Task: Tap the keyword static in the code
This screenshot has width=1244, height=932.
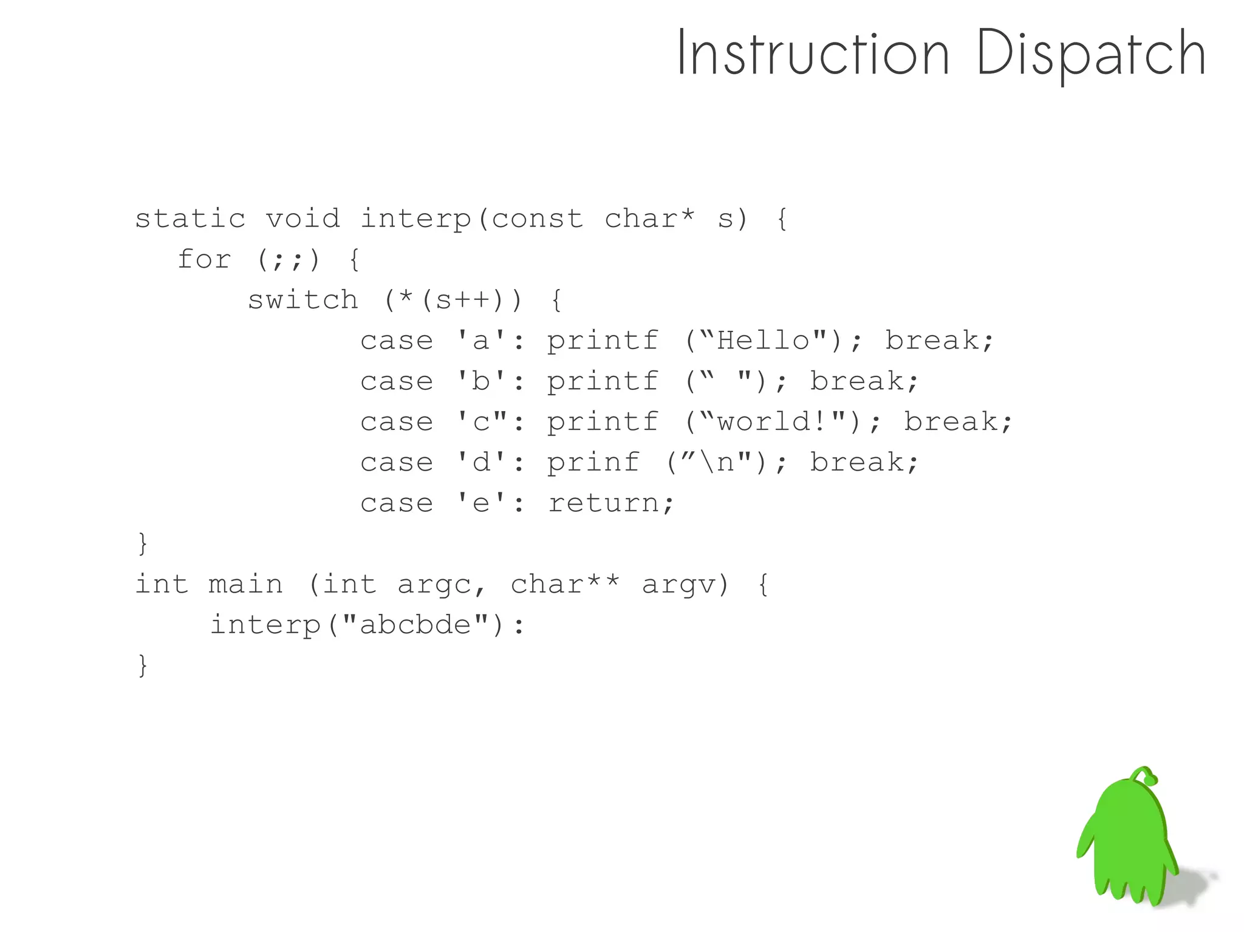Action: [x=190, y=219]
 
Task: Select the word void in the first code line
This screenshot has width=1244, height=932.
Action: [x=302, y=219]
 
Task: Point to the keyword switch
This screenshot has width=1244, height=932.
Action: [x=302, y=300]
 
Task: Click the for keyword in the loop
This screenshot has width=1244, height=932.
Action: [x=204, y=259]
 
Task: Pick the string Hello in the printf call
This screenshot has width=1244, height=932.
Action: [x=764, y=341]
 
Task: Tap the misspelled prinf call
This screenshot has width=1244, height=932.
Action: [x=593, y=463]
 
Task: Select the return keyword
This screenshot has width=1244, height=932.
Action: [x=610, y=503]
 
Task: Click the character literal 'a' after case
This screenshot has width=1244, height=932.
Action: [x=480, y=341]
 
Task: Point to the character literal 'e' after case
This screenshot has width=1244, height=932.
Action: [x=480, y=503]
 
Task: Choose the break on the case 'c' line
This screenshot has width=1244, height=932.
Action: [x=958, y=422]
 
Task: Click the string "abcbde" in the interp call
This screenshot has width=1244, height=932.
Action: [x=415, y=625]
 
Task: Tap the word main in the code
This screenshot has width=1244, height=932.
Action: [x=245, y=585]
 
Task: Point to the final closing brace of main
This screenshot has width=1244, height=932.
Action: [x=143, y=665]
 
